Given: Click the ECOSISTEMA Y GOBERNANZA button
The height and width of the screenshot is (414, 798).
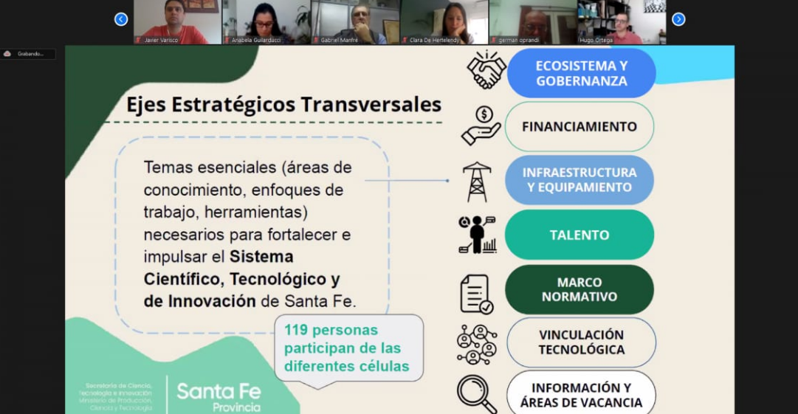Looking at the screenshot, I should (581, 73).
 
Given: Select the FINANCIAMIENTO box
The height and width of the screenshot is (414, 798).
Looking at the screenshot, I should (579, 126).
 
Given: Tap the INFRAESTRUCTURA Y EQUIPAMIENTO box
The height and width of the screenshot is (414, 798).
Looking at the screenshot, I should (579, 180).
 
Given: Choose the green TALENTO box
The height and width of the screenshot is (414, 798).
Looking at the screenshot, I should (579, 235).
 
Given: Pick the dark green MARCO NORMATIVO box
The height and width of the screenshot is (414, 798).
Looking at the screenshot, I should (579, 289).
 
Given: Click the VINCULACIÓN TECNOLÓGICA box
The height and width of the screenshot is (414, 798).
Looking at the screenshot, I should (581, 342).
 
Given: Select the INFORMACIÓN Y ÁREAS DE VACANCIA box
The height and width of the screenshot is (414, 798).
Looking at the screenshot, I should (581, 395).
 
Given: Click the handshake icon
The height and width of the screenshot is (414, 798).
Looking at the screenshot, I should (486, 70).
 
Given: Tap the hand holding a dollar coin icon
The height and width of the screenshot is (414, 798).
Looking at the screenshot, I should (481, 125).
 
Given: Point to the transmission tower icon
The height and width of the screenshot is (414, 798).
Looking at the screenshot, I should (477, 182).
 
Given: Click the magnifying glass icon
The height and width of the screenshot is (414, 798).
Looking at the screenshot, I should (476, 394).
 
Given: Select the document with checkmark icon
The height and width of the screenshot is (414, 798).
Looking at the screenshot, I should (476, 294).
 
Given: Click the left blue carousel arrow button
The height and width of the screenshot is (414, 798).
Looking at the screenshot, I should (121, 19).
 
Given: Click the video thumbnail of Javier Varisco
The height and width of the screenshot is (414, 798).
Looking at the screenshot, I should (177, 21).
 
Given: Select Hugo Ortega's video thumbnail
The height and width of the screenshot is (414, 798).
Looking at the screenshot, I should (622, 21).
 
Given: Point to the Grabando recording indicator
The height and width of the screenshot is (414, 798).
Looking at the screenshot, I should (28, 54).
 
